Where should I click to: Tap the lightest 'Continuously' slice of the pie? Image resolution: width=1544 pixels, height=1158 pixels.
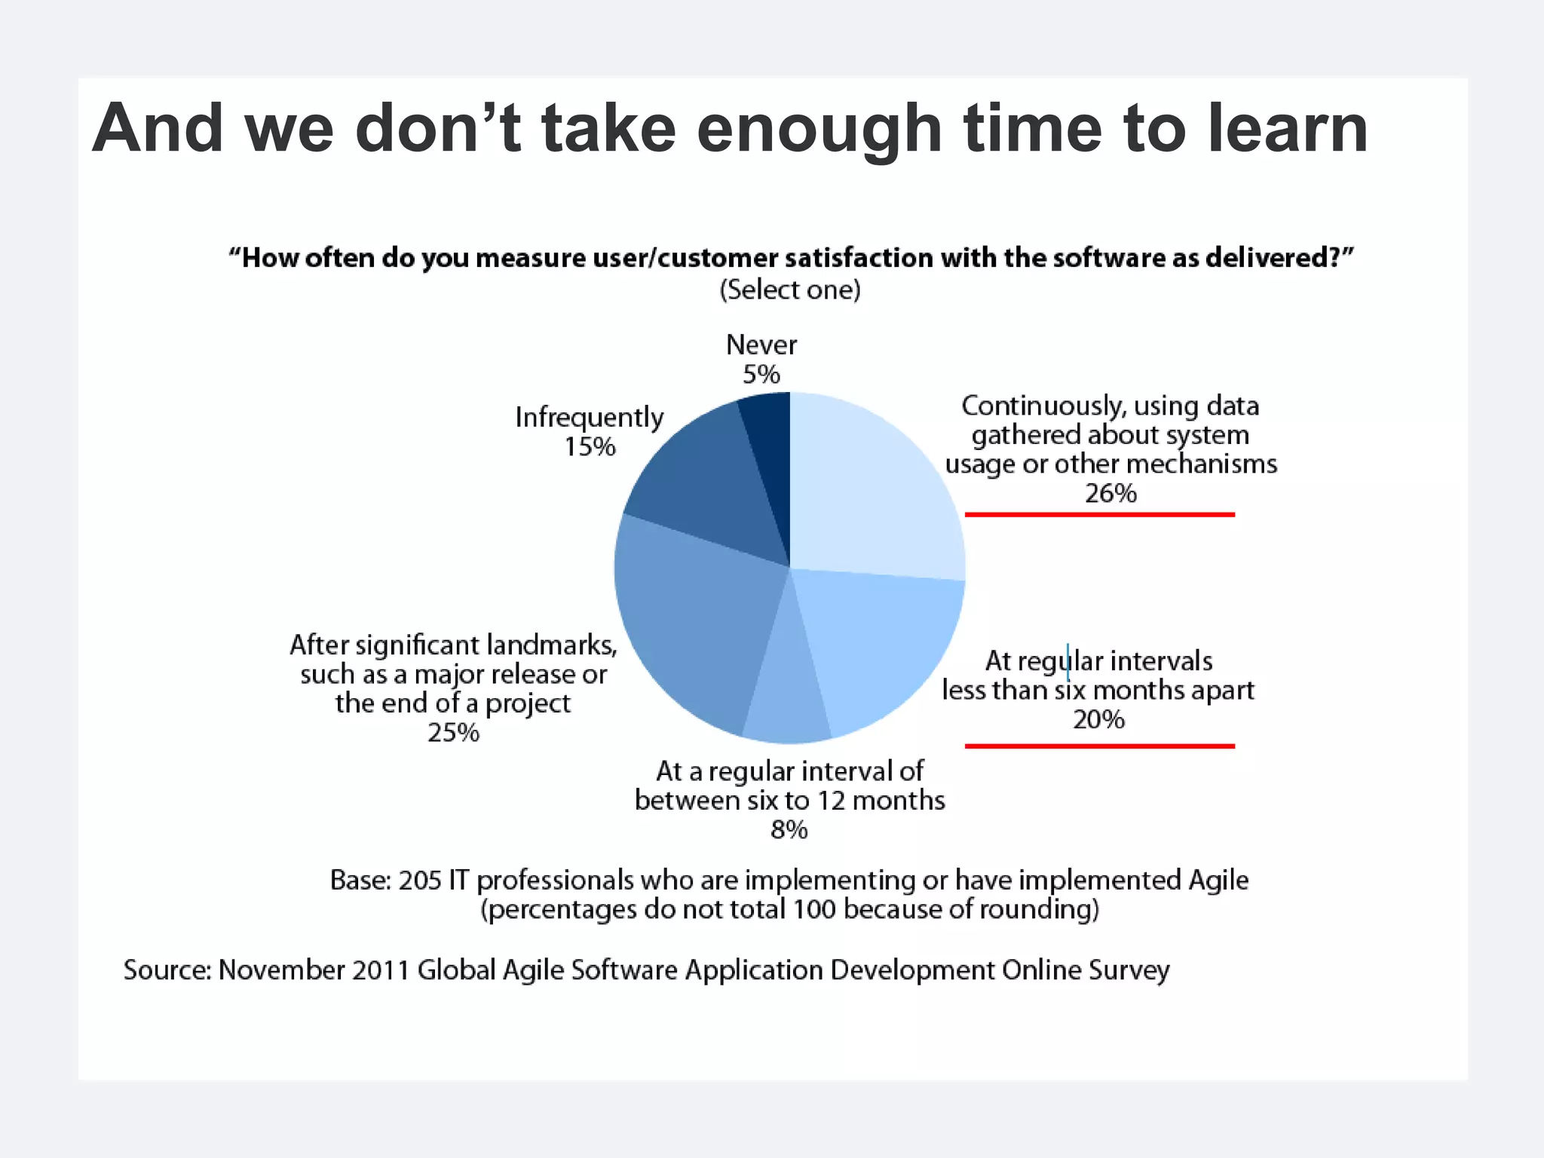867,490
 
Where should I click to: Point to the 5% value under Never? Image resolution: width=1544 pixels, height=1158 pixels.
761,375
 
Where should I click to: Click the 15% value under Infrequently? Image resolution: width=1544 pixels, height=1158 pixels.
590,447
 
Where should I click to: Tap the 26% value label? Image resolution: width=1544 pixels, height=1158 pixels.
1110,494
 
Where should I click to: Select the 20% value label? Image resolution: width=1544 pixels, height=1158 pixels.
1098,720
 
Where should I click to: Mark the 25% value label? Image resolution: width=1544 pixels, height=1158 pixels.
453,733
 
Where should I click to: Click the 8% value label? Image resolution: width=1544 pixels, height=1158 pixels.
789,830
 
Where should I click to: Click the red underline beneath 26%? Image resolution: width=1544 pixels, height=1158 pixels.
1099,515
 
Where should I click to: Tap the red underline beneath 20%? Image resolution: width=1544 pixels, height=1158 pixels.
1099,746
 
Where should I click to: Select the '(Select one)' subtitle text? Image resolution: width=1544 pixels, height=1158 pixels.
789,290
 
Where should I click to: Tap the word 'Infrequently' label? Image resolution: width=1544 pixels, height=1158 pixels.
589,418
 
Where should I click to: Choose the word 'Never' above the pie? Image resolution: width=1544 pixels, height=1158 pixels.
761,345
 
